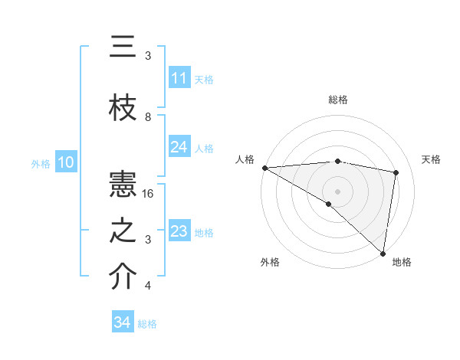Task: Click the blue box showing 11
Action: coord(179,78)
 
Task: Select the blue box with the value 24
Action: coord(179,147)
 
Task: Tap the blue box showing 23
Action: coord(179,231)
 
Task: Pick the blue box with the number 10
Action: coord(66,162)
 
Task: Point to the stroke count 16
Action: coord(149,194)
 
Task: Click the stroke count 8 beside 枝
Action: coord(148,117)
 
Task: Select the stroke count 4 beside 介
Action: coord(148,286)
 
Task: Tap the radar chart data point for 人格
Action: coord(264,167)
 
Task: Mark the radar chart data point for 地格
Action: coord(383,253)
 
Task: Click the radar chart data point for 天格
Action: coord(396,172)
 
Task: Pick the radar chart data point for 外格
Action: coord(328,204)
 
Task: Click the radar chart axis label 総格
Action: coord(338,100)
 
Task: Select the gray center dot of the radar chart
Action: coord(337,191)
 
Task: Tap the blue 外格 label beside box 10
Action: coord(41,163)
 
